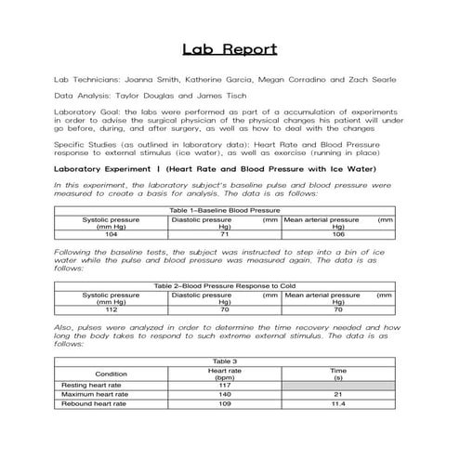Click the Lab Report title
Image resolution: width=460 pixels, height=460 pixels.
coord(230,49)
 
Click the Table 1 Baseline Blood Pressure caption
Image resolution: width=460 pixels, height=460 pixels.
coord(224,212)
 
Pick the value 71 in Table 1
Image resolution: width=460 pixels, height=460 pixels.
coord(224,234)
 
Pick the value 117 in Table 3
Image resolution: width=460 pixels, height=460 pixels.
coord(224,385)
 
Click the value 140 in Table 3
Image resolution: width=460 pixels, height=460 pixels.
coord(224,394)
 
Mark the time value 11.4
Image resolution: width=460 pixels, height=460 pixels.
coord(338,404)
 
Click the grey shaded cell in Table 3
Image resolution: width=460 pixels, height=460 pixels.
coord(338,385)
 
